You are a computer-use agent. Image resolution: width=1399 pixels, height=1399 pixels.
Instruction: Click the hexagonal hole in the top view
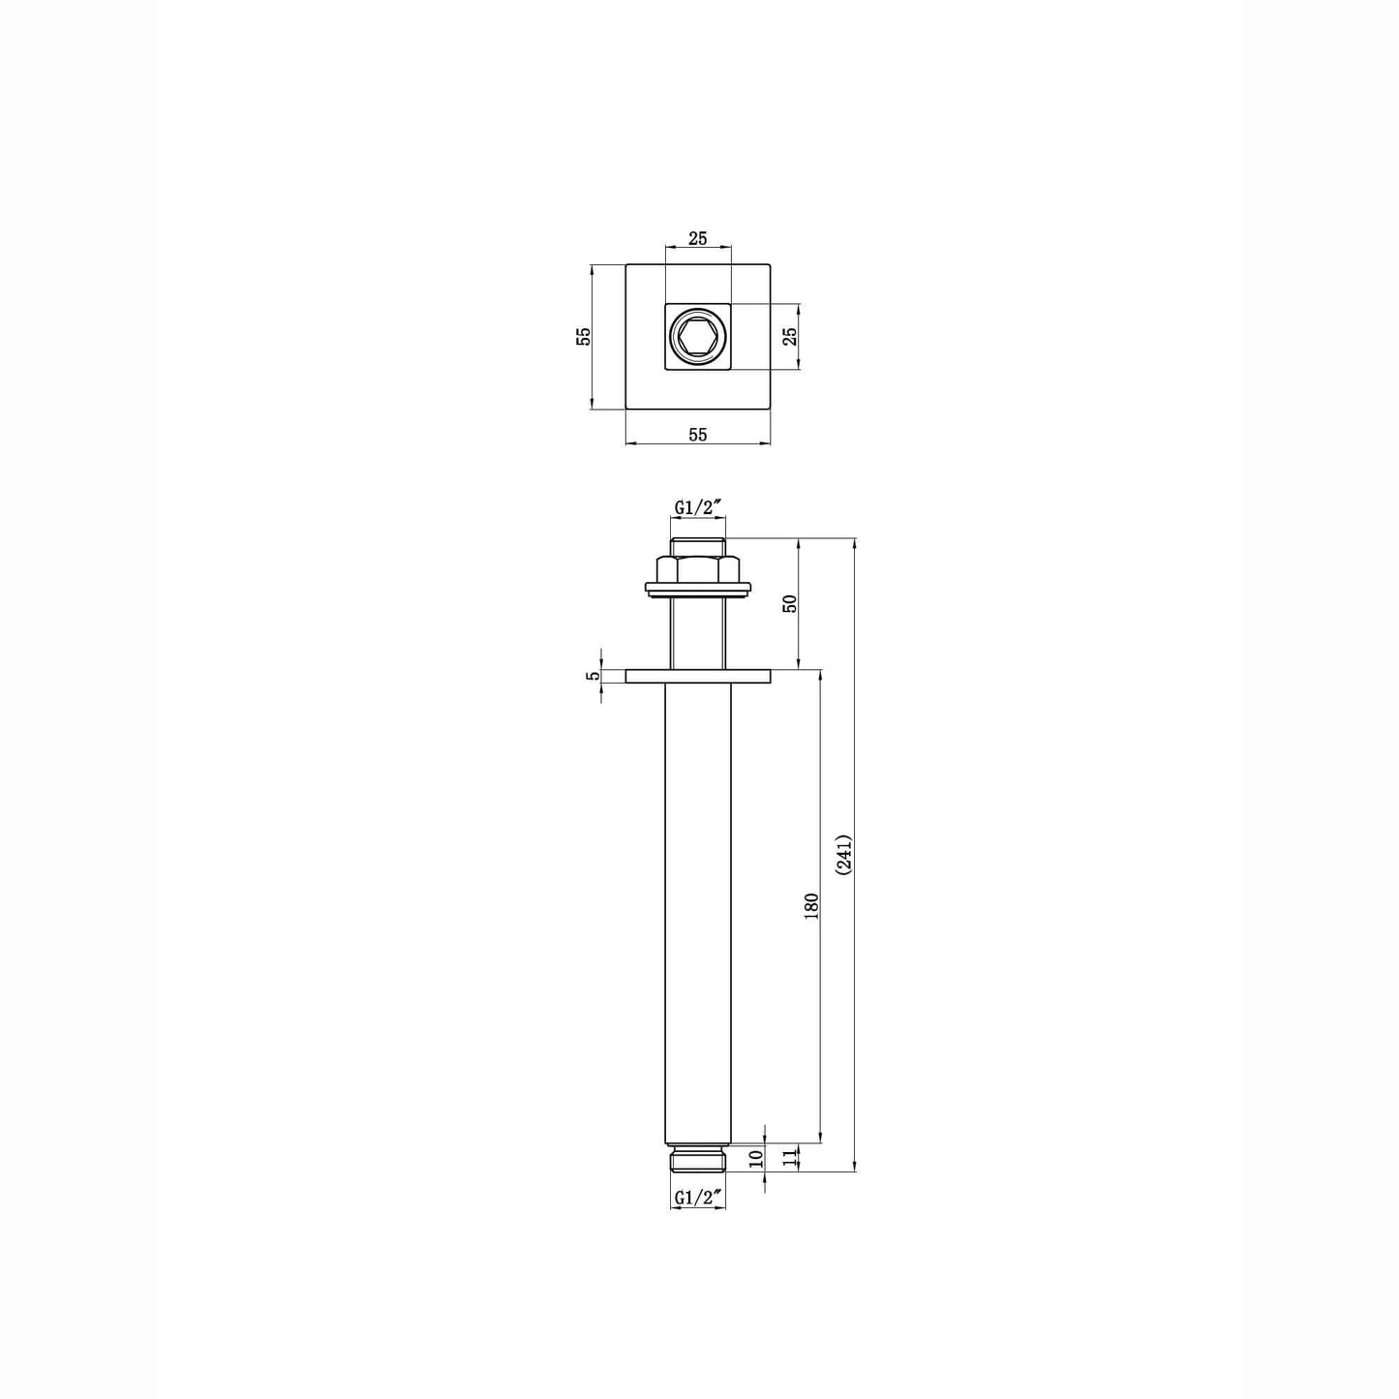[697, 337]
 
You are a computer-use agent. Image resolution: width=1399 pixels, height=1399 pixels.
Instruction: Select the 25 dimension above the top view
[697, 238]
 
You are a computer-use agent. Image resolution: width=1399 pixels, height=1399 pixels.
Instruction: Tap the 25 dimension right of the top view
[789, 336]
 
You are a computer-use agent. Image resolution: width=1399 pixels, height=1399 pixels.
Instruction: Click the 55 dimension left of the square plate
[583, 336]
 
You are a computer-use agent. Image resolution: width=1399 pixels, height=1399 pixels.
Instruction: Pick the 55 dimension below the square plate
[697, 435]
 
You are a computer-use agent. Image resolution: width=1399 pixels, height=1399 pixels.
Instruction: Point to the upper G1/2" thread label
[698, 507]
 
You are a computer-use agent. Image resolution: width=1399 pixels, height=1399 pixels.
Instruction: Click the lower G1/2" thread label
[698, 1198]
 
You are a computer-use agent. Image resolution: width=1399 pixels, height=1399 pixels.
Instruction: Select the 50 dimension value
[789, 602]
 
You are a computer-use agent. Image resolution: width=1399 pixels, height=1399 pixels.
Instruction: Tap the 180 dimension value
[811, 905]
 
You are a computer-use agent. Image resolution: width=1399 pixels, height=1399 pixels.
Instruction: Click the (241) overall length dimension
[843, 855]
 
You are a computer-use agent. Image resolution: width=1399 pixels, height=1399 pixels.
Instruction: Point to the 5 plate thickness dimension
[593, 676]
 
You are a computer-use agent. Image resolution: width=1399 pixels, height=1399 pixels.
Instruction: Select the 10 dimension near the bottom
[756, 1157]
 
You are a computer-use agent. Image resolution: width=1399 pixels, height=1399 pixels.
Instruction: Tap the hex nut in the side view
[698, 568]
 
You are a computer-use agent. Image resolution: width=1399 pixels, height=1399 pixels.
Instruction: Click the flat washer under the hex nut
[698, 589]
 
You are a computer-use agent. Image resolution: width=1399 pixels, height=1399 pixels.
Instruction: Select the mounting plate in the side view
[698, 676]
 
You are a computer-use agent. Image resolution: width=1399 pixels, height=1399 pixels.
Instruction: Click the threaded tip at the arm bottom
[698, 1160]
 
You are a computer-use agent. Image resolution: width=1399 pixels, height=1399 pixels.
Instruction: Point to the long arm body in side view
[698, 910]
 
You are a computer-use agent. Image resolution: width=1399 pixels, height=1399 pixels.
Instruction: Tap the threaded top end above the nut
[698, 546]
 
